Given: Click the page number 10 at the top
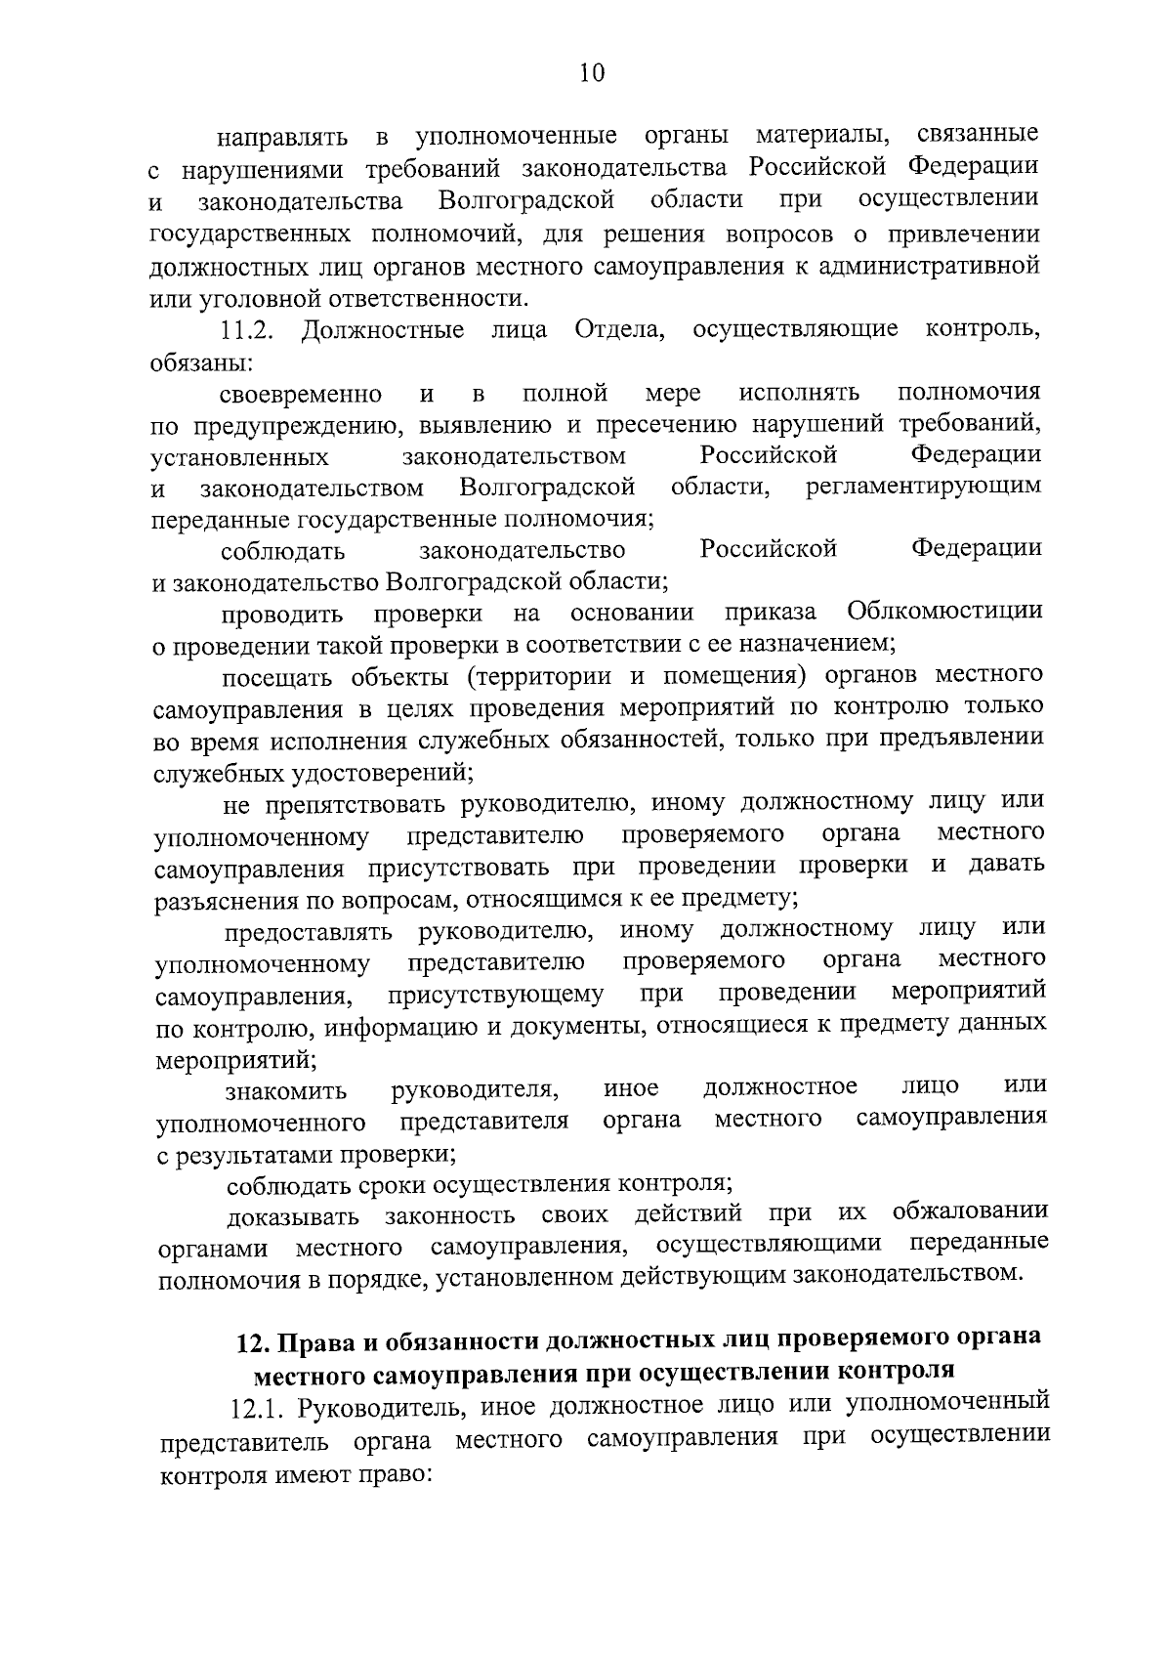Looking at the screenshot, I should coord(592,73).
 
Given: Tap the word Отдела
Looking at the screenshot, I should coord(619,330).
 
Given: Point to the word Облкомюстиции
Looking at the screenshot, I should coord(944,613).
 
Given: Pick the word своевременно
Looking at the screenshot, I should coord(301,394).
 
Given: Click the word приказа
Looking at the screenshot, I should coord(771,613).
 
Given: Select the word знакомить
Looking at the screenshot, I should coord(286,1089).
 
